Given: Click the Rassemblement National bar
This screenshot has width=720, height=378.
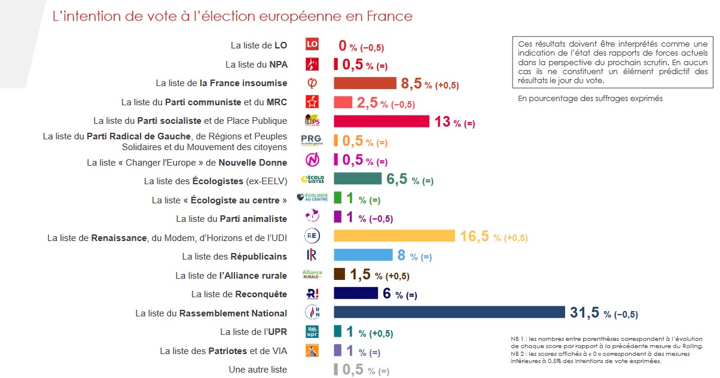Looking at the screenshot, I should coord(449,312).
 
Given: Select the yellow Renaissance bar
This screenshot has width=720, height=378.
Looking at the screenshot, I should coord(394,236).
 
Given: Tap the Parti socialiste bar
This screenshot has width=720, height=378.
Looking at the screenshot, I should coord(381,121).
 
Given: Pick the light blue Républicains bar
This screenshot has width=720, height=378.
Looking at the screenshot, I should coord(363,255).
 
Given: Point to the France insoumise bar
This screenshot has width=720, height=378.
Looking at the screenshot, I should coord(365,83).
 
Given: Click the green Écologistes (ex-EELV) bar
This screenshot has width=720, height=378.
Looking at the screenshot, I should coord(357,179).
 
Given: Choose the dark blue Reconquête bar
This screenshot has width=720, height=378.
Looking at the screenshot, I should coord(355,293).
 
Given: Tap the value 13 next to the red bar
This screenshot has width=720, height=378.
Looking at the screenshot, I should coord(442,121).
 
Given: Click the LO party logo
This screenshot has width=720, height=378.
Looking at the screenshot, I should coord(312,44).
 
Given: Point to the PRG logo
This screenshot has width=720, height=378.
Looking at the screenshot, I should coord(312,141).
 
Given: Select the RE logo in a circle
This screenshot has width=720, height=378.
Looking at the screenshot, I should coord(312,236).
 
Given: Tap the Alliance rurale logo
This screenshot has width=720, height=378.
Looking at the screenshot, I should coord(312,275).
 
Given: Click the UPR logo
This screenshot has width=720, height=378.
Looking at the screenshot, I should coord(312,332).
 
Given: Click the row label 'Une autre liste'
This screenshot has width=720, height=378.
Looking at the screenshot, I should coord(258,370).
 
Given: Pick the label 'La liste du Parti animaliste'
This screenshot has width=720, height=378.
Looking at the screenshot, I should coord(231,219).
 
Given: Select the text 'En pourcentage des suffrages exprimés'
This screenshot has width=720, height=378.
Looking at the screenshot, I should coord(590,99).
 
